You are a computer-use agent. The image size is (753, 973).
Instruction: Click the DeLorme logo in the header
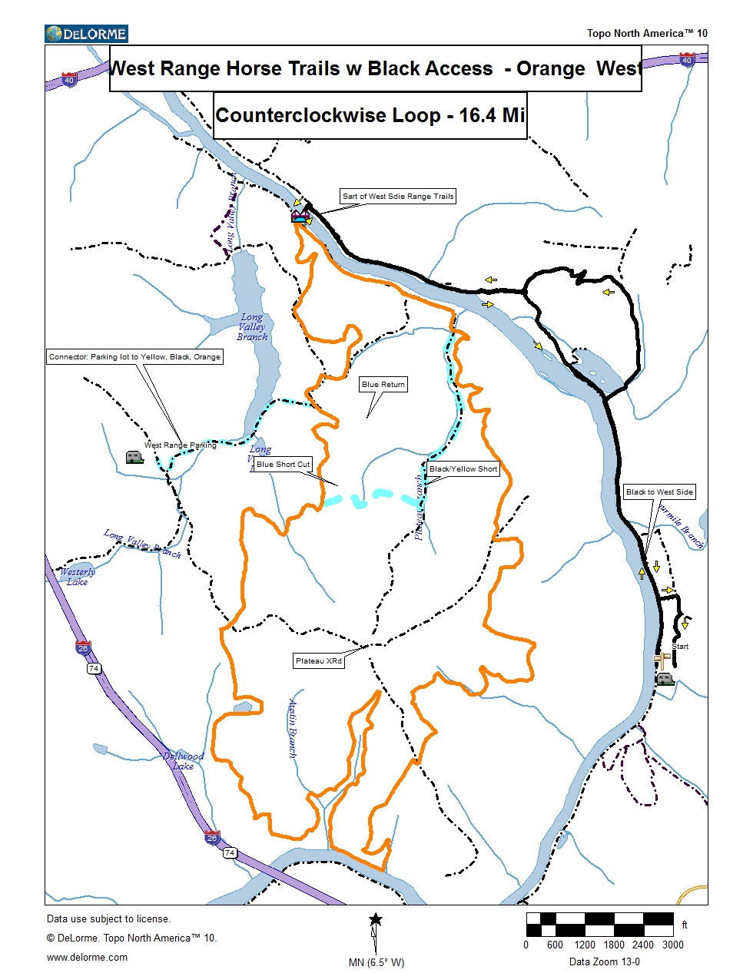pyautogui.click(x=86, y=34)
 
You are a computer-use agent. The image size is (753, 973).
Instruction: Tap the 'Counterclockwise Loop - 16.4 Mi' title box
pyautogui.click(x=370, y=116)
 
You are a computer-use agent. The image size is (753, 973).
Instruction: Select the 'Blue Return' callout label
pyautogui.click(x=383, y=385)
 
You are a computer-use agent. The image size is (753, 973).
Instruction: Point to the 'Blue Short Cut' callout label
pyautogui.click(x=283, y=465)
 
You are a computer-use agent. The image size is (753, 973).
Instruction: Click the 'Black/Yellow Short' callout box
pyautogui.click(x=463, y=469)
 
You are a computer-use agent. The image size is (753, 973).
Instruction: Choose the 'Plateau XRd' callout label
pyautogui.click(x=318, y=661)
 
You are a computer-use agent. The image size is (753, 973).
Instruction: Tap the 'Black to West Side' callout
pyautogui.click(x=659, y=492)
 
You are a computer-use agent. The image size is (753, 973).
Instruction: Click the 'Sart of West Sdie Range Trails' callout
pyautogui.click(x=398, y=197)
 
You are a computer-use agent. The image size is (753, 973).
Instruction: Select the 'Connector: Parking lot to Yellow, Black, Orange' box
pyautogui.click(x=134, y=357)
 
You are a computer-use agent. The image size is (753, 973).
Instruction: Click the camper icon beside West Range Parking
pyautogui.click(x=134, y=458)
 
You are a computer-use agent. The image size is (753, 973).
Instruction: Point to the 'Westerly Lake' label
pyautogui.click(x=78, y=577)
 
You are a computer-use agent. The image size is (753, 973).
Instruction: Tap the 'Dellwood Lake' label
pyautogui.click(x=184, y=761)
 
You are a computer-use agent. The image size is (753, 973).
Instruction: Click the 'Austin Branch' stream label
pyautogui.click(x=293, y=727)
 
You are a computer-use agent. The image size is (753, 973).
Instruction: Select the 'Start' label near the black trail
pyautogui.click(x=680, y=647)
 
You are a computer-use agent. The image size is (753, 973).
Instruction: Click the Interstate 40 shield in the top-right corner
pyautogui.click(x=686, y=60)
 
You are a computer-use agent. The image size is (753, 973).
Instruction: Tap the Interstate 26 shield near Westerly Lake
pyautogui.click(x=83, y=648)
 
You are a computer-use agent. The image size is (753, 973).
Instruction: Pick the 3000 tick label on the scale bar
pyautogui.click(x=672, y=945)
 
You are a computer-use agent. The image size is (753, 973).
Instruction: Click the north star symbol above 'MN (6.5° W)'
pyautogui.click(x=376, y=919)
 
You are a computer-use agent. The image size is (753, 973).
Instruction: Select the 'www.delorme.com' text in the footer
pyautogui.click(x=88, y=958)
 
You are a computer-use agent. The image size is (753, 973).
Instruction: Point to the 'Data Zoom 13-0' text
pyautogui.click(x=604, y=962)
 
